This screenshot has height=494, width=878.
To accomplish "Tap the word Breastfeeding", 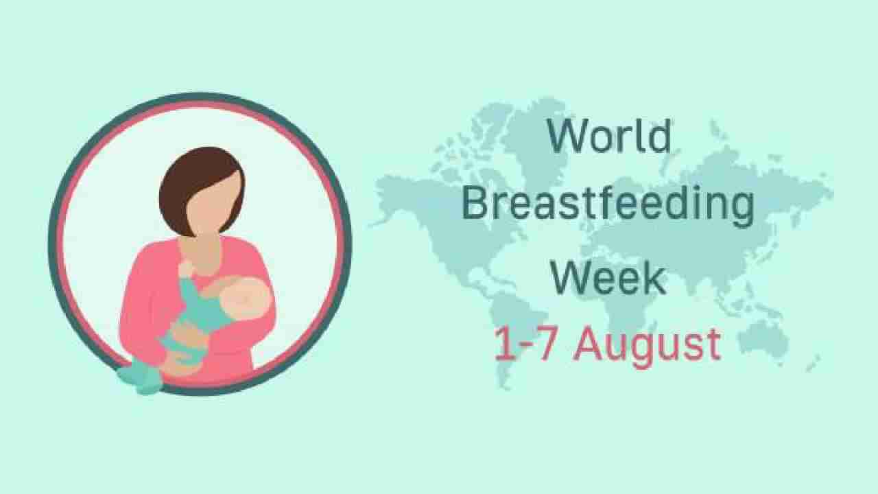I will point(608,204).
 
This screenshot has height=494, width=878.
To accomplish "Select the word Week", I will point(608,278).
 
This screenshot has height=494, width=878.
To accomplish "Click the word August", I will point(647,345).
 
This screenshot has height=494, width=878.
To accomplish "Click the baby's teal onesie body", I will point(195,316).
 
